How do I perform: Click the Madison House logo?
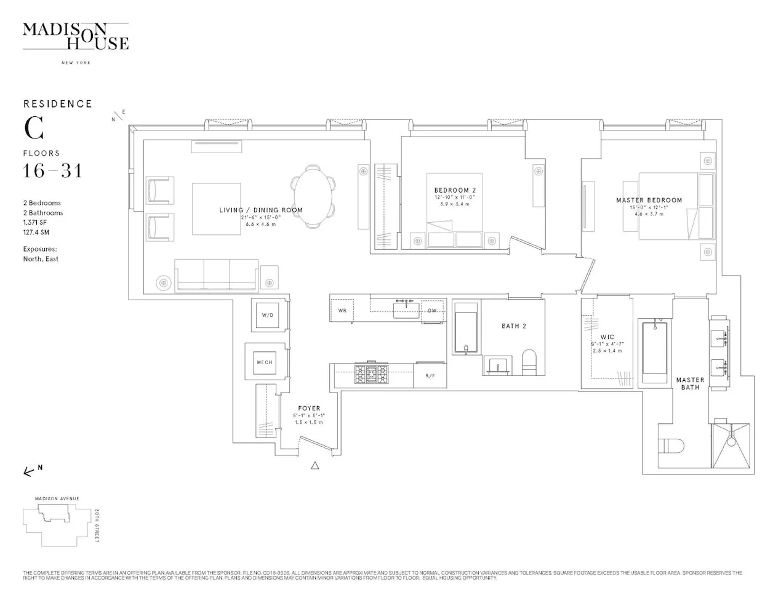tap(75, 37)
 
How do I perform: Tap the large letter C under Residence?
tap(34, 128)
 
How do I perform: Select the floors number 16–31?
tap(52, 170)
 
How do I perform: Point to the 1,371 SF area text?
tap(35, 223)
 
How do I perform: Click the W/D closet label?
tap(268, 315)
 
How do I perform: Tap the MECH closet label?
tap(265, 362)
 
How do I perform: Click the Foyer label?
tap(309, 408)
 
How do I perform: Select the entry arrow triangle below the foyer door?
tap(315, 466)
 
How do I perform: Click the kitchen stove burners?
tap(371, 373)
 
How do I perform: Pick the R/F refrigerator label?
tap(430, 375)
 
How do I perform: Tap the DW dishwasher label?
tap(432, 311)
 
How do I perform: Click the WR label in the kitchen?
tap(342, 311)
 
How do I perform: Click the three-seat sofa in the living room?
tap(217, 275)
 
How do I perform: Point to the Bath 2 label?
tap(514, 326)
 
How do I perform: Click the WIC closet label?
tap(607, 337)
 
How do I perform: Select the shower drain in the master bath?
tap(731, 441)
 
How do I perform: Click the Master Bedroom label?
tap(649, 200)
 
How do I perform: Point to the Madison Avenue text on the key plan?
tap(57, 498)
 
